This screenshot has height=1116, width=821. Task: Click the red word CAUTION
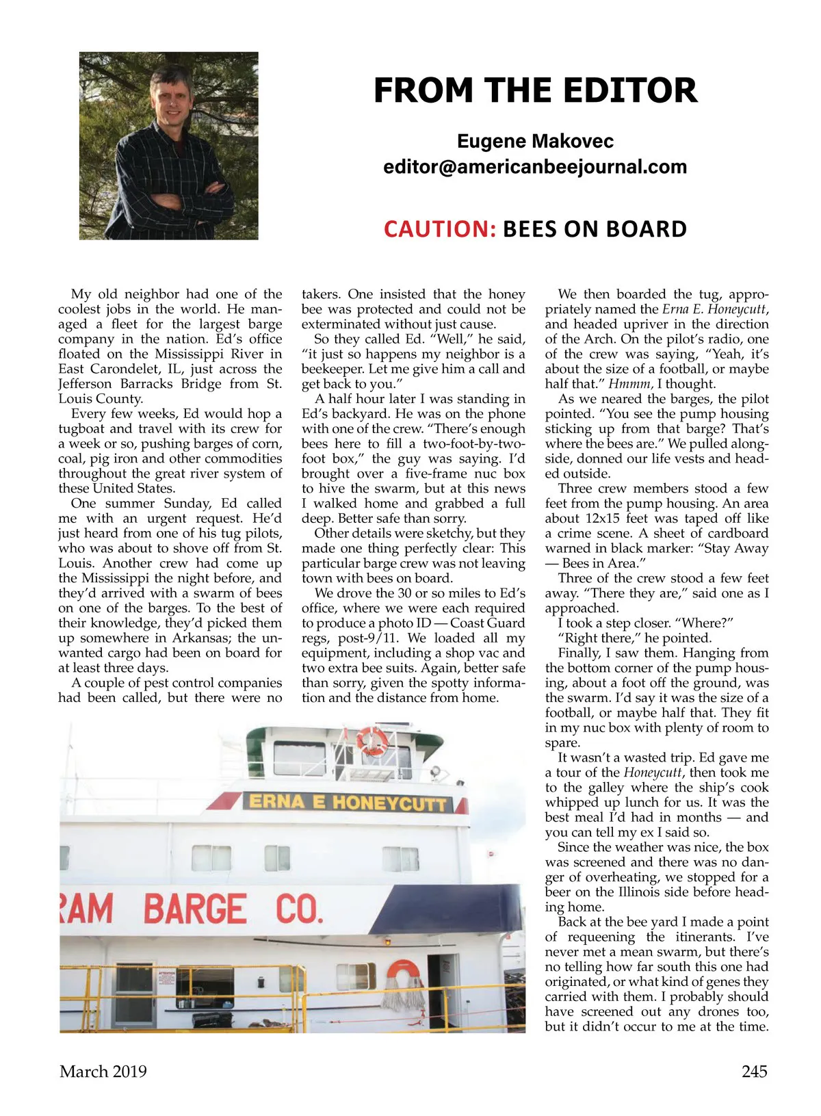point(439,229)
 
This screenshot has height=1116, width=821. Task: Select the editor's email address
point(534,166)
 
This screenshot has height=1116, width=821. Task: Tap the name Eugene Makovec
point(535,141)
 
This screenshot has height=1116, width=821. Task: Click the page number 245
point(754,1071)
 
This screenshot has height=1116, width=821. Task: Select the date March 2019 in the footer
point(103,1071)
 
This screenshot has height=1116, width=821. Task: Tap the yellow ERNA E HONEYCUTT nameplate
point(347,802)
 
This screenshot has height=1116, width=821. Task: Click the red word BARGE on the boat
point(195,909)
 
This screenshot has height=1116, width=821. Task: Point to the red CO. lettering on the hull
point(298,909)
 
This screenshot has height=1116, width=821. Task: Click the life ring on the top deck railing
point(372,740)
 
